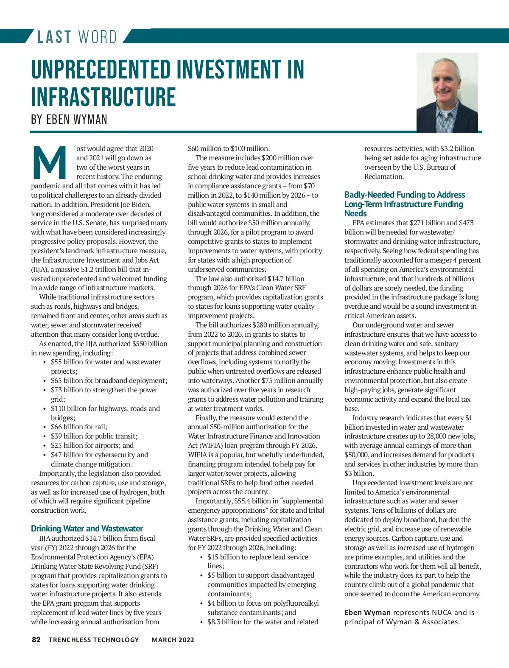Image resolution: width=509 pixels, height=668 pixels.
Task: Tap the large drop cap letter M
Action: coord(49,163)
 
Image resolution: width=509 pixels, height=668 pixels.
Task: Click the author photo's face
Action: coord(446,85)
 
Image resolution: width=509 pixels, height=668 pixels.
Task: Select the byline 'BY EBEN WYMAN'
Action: coord(69,120)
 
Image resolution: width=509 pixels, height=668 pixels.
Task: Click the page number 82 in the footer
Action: coord(36,640)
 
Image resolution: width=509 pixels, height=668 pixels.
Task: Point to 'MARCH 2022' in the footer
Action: coord(173,640)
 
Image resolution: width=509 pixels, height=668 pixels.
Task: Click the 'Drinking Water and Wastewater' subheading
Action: coord(87,528)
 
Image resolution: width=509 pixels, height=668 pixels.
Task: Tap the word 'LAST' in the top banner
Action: coord(54,37)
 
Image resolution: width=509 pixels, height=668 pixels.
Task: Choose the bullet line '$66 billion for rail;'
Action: coord(79,427)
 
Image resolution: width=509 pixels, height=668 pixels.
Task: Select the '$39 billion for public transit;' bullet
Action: coord(94,436)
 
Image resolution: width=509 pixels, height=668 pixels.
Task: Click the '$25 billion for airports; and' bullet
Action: coord(92,445)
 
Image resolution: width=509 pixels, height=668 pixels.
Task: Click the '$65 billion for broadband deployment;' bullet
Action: coord(109,380)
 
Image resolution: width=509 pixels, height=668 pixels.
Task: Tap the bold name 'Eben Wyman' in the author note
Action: coord(367,612)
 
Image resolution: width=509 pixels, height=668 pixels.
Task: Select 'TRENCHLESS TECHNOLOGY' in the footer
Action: coord(94,640)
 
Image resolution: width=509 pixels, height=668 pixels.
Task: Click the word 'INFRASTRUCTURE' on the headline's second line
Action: coord(103,97)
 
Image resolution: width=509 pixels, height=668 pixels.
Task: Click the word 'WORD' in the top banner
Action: coord(98,37)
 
